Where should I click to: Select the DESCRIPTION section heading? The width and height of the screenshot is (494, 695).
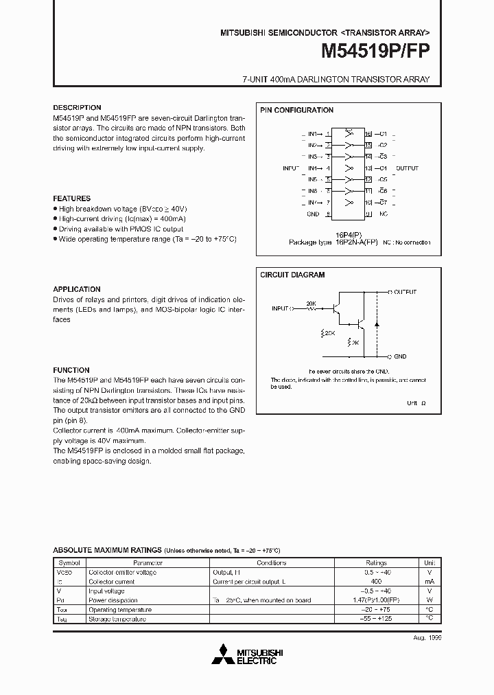[77, 108]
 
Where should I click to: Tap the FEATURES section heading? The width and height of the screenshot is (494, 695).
[71, 198]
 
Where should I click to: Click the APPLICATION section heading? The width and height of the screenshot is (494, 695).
[77, 289]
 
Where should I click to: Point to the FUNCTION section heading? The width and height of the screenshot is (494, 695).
[71, 370]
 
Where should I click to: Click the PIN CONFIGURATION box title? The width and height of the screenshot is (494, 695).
[296, 110]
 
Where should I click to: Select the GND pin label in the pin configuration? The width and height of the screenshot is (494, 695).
[313, 214]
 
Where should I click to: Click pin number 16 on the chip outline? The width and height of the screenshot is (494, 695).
[368, 133]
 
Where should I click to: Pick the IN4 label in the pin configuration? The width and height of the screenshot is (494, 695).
[313, 168]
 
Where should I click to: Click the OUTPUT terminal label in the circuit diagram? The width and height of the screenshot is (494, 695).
[405, 292]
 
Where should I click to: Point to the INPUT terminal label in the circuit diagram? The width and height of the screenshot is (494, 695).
[281, 308]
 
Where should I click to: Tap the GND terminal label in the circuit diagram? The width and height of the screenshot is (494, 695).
[400, 357]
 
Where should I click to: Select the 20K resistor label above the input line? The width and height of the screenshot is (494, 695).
[311, 303]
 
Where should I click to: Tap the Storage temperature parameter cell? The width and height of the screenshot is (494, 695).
[117, 619]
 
